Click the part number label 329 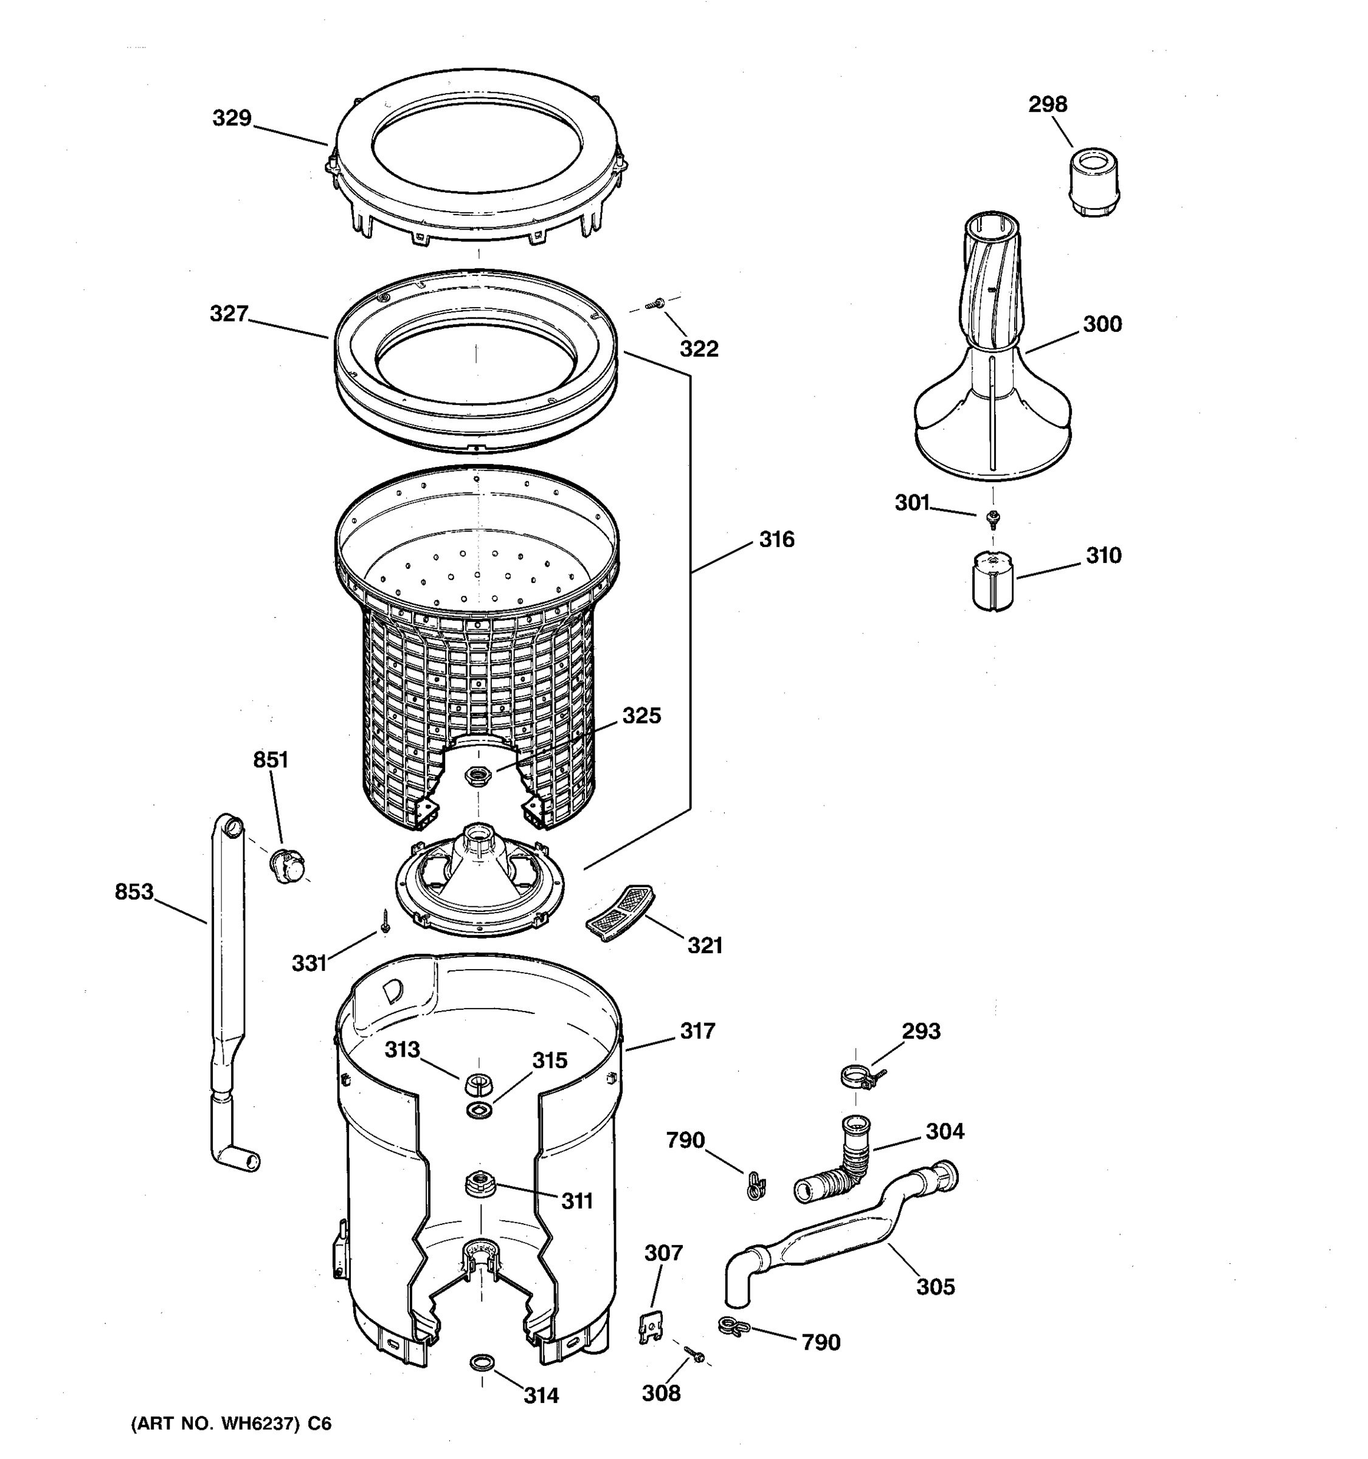(x=232, y=118)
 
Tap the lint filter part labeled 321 (x=620, y=911)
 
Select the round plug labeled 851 (x=287, y=865)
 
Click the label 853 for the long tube (x=134, y=892)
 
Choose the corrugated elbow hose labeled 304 (x=840, y=1166)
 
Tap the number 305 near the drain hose (x=935, y=1286)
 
